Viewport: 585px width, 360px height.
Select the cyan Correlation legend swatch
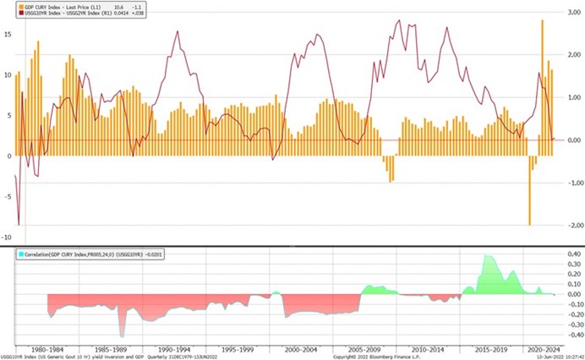(x=19, y=253)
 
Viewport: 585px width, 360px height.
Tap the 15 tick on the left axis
(x=7, y=35)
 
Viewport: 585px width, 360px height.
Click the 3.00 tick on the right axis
(x=571, y=14)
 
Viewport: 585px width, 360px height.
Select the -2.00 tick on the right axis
(x=571, y=226)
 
